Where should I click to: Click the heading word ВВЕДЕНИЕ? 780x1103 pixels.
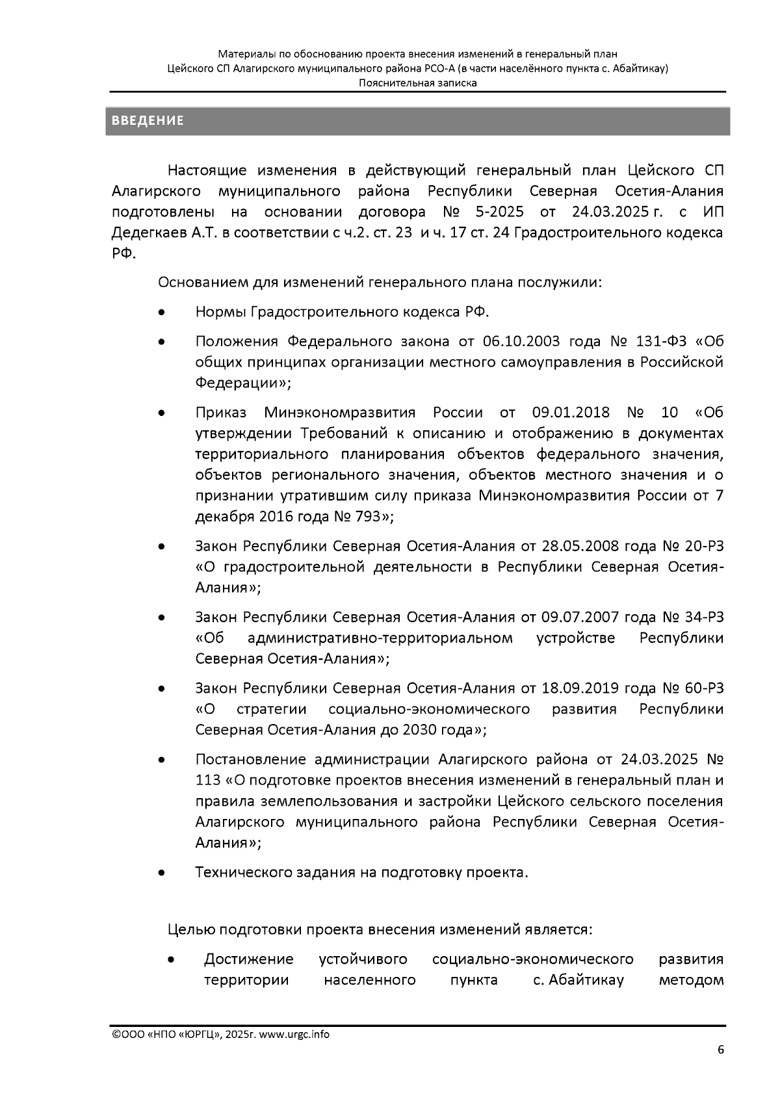click(148, 121)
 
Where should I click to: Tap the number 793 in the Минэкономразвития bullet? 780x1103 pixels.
click(369, 517)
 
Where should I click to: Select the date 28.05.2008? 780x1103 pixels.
click(568, 546)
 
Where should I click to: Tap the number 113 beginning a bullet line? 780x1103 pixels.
click(208, 780)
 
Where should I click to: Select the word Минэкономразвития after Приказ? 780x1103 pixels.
click(339, 413)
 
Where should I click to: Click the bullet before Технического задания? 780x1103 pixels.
click(161, 873)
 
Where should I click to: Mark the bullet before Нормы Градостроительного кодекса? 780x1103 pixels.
click(161, 313)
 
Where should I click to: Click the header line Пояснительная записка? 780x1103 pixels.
click(418, 83)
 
